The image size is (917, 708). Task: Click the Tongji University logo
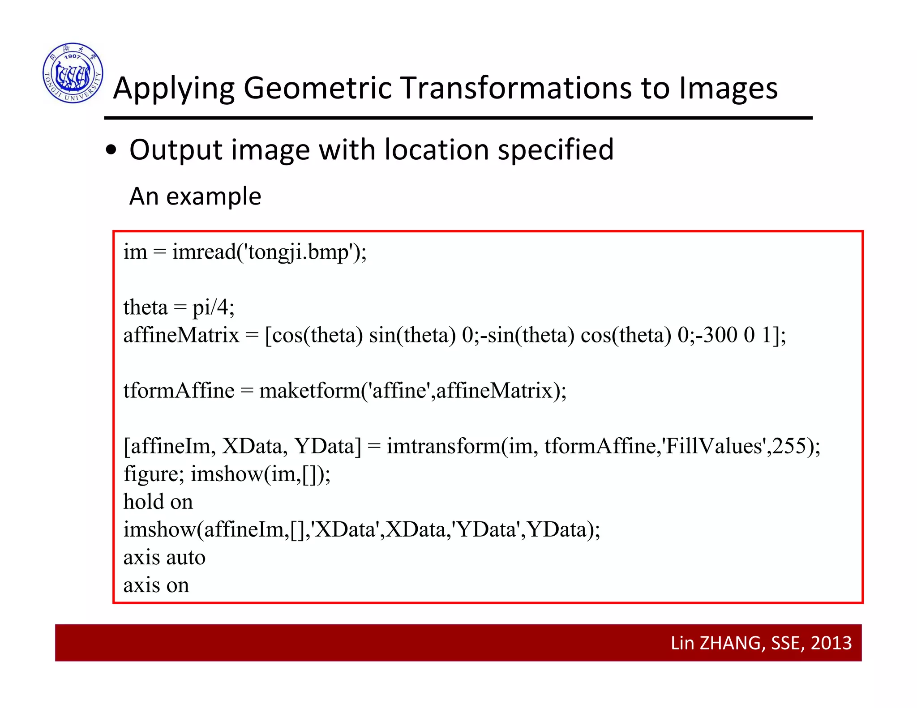pyautogui.click(x=73, y=73)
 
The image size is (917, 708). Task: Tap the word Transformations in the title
pyautogui.click(x=517, y=88)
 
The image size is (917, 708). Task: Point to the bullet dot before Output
pyautogui.click(x=111, y=151)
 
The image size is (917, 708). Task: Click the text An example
pyautogui.click(x=195, y=196)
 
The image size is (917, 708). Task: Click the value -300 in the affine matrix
pyautogui.click(x=716, y=335)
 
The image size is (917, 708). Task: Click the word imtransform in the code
pyautogui.click(x=444, y=446)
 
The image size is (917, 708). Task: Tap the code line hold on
pyautogui.click(x=158, y=502)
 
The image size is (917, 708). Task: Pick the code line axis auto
pyautogui.click(x=164, y=558)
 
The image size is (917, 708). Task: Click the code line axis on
pyautogui.click(x=156, y=585)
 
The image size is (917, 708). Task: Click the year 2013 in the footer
pyautogui.click(x=831, y=643)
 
